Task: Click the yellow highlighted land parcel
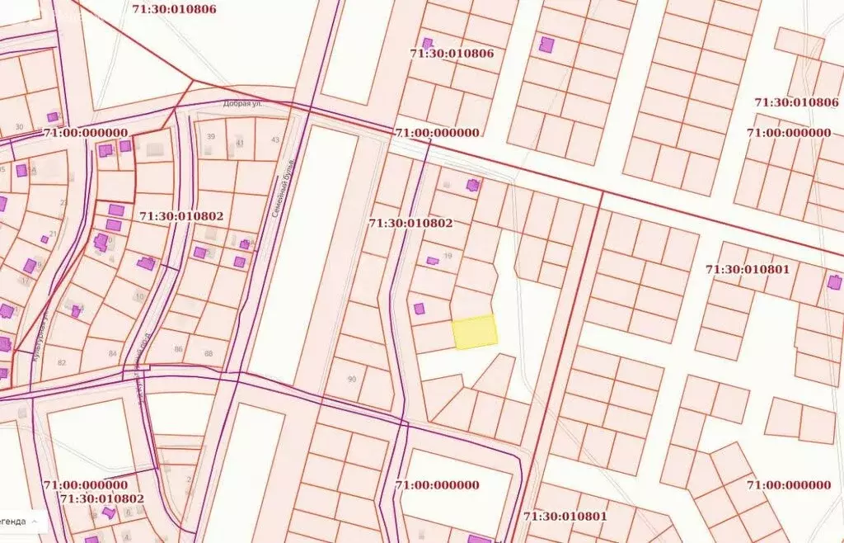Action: coord(475,332)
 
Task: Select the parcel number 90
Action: coord(352,379)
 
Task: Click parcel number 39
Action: coord(211,137)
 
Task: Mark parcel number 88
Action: coord(208,354)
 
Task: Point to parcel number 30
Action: coord(19,127)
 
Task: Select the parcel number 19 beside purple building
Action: coord(448,256)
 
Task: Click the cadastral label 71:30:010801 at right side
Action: coord(748,269)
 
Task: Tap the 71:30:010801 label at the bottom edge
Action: coord(565,517)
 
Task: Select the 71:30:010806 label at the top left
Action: coord(174,9)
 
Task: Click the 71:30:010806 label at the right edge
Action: coord(796,102)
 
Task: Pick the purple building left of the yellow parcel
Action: coord(419,309)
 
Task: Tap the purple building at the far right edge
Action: coord(834,282)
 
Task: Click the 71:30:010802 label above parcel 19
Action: coord(410,223)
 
